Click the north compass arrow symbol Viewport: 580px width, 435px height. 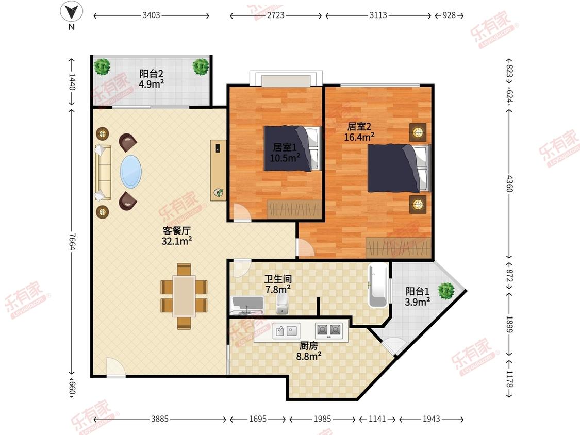71,12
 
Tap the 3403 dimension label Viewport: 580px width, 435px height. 151,15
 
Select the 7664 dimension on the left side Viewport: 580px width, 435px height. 72,242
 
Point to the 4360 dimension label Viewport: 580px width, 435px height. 509,184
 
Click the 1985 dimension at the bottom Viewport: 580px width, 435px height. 322,419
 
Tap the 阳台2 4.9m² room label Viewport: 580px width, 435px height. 151,79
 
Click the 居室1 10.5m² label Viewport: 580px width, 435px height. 285,153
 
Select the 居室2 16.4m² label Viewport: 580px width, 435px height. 359,131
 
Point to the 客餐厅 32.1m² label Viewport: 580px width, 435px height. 176,236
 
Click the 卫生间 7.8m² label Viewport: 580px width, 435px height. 278,284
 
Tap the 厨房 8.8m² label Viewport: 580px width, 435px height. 308,351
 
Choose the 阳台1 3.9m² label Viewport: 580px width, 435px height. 417,297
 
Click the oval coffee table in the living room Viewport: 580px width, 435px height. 130,171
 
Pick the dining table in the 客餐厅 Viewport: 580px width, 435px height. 184,296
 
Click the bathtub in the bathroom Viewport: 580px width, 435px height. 378,285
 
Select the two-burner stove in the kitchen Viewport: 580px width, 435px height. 328,330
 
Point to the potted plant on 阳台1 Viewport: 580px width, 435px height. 446,291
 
